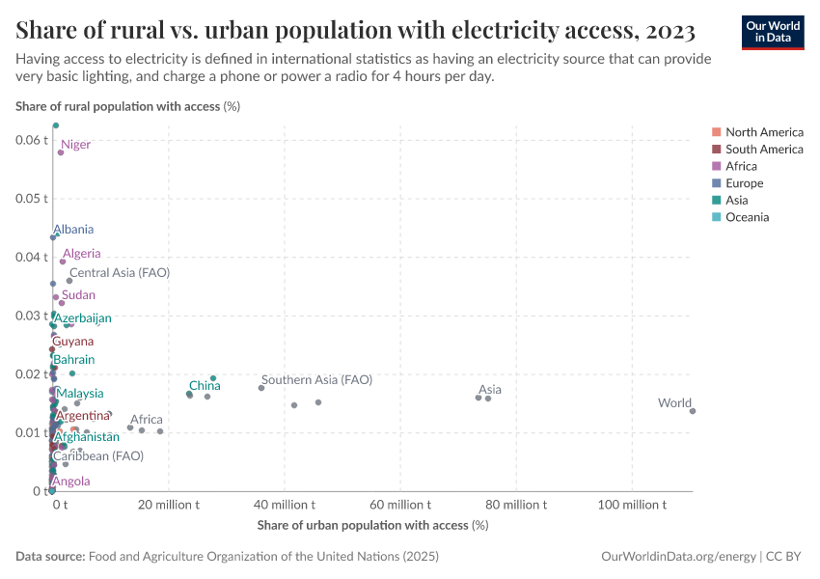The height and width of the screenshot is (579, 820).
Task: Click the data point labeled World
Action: (693, 411)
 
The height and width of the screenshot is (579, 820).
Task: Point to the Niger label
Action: (75, 145)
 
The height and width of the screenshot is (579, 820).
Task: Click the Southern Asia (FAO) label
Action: (316, 380)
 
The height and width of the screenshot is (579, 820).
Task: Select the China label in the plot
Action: (205, 386)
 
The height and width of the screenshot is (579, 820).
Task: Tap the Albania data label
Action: (73, 230)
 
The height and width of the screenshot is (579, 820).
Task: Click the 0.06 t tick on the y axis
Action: (32, 140)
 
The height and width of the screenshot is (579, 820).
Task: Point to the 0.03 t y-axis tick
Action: (32, 316)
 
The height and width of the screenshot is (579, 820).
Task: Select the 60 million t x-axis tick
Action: (400, 505)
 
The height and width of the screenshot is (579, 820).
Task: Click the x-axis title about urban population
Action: (372, 525)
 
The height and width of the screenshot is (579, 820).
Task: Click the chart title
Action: (355, 31)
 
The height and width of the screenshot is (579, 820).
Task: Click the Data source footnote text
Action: (228, 557)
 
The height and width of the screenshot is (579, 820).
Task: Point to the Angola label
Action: (71, 482)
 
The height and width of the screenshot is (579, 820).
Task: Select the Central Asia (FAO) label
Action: (120, 273)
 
